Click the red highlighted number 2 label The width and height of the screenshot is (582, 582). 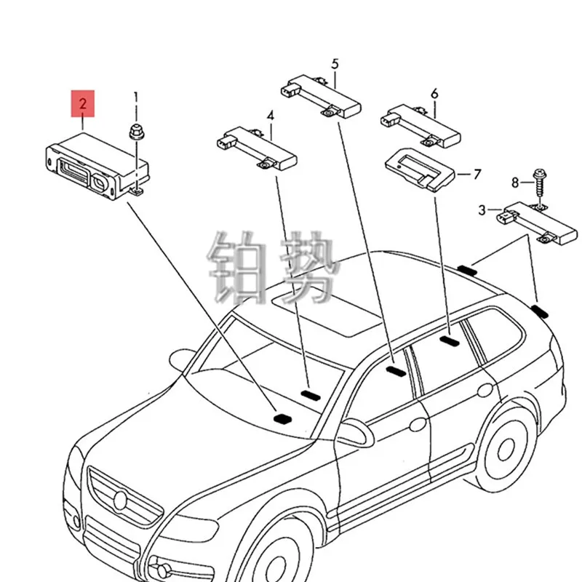coord(83,104)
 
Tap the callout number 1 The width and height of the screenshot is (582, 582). coord(135,97)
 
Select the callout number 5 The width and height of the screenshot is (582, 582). coord(335,64)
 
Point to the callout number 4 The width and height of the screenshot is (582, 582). coord(270,115)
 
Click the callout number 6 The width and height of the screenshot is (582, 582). coord(434,93)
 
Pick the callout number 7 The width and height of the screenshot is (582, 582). coord(477,174)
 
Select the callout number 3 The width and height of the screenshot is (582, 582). coord(482,211)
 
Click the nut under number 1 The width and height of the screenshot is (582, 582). coord(135,132)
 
